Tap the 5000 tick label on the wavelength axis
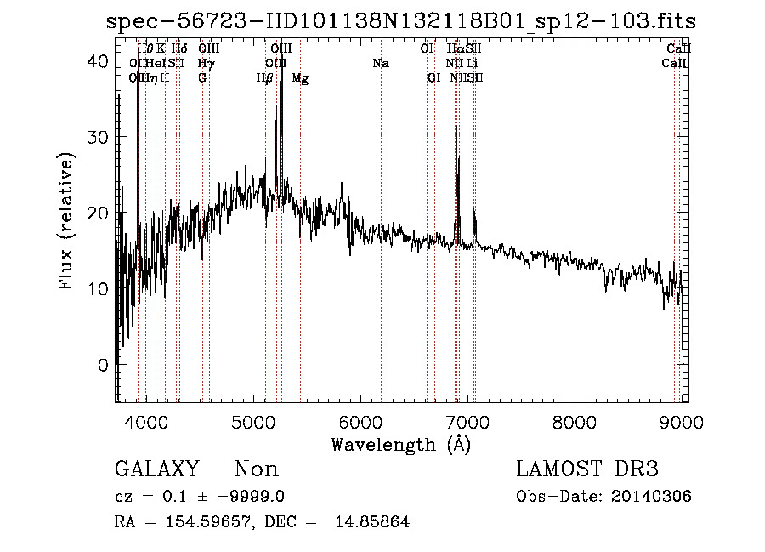coord(253,420)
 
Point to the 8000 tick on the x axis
coord(575,420)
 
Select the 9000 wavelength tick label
coord(681,420)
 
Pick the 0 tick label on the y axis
coord(103,365)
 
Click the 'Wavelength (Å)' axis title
coord(400,444)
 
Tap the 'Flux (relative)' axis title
coord(66,221)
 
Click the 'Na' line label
coord(381,63)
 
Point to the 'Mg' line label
coord(300,78)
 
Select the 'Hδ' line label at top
coord(178,48)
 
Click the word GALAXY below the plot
coord(157,469)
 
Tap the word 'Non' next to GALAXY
coord(256,469)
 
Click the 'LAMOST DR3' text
coord(587,469)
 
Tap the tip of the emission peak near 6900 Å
coord(457,127)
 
